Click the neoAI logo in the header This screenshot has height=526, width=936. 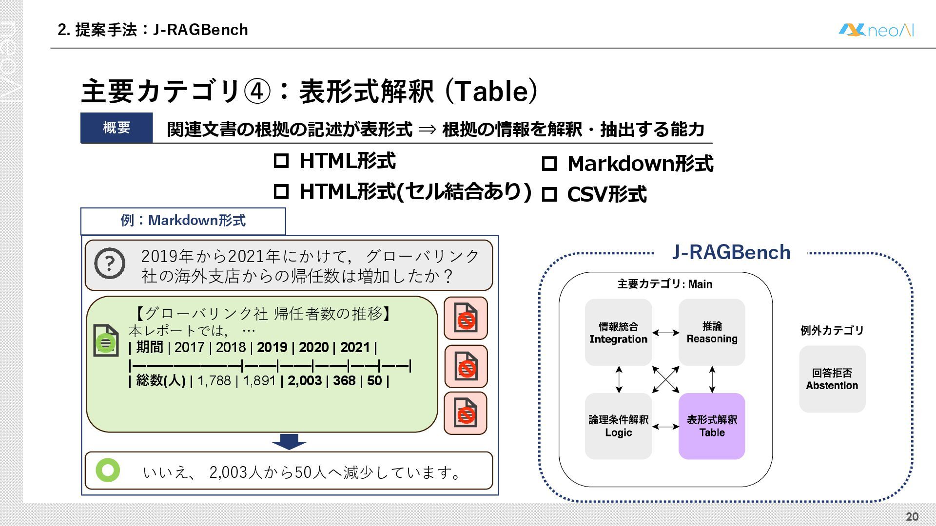tap(876, 30)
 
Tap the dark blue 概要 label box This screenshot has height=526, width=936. tap(117, 128)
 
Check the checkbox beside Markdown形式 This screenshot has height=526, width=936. tap(549, 164)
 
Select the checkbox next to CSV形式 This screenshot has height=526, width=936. tap(549, 194)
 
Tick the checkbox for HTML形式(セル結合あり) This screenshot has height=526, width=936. tap(281, 191)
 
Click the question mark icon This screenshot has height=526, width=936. tap(110, 263)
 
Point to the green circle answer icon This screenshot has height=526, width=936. tap(108, 470)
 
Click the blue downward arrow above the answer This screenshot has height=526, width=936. tap(289, 441)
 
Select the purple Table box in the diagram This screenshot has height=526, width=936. tap(712, 426)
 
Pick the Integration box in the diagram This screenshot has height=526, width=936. tap(618, 332)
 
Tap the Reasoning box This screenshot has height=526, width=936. tap(712, 332)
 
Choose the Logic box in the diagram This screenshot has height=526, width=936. tap(618, 426)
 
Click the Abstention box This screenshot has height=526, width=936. tap(832, 379)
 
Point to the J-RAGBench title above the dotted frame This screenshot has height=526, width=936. tap(731, 252)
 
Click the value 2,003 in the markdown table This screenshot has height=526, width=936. tap(305, 380)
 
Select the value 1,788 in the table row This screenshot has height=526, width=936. tap(214, 380)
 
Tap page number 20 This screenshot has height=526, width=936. tap(912, 516)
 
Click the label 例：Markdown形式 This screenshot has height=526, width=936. tap(183, 221)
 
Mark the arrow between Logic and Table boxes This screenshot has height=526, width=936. tap(665, 427)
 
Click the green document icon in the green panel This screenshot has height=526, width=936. tap(106, 340)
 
